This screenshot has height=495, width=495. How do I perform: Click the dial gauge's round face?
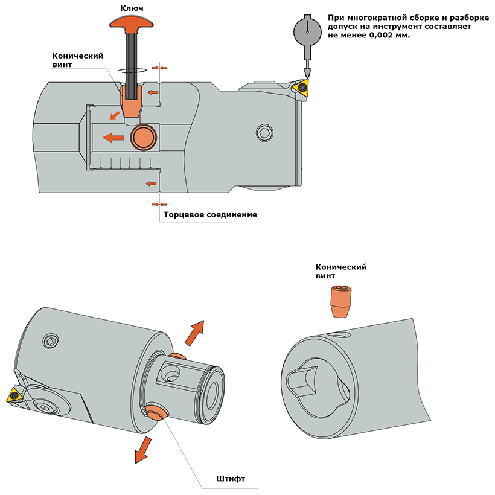[x=307, y=30]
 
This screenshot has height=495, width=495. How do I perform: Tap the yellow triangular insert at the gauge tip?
[x=302, y=88]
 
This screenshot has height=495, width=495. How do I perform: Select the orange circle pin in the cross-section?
[x=144, y=137]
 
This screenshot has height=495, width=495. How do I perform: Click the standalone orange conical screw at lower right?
[x=340, y=300]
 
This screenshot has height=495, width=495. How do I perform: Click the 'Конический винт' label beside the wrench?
[x=77, y=60]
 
